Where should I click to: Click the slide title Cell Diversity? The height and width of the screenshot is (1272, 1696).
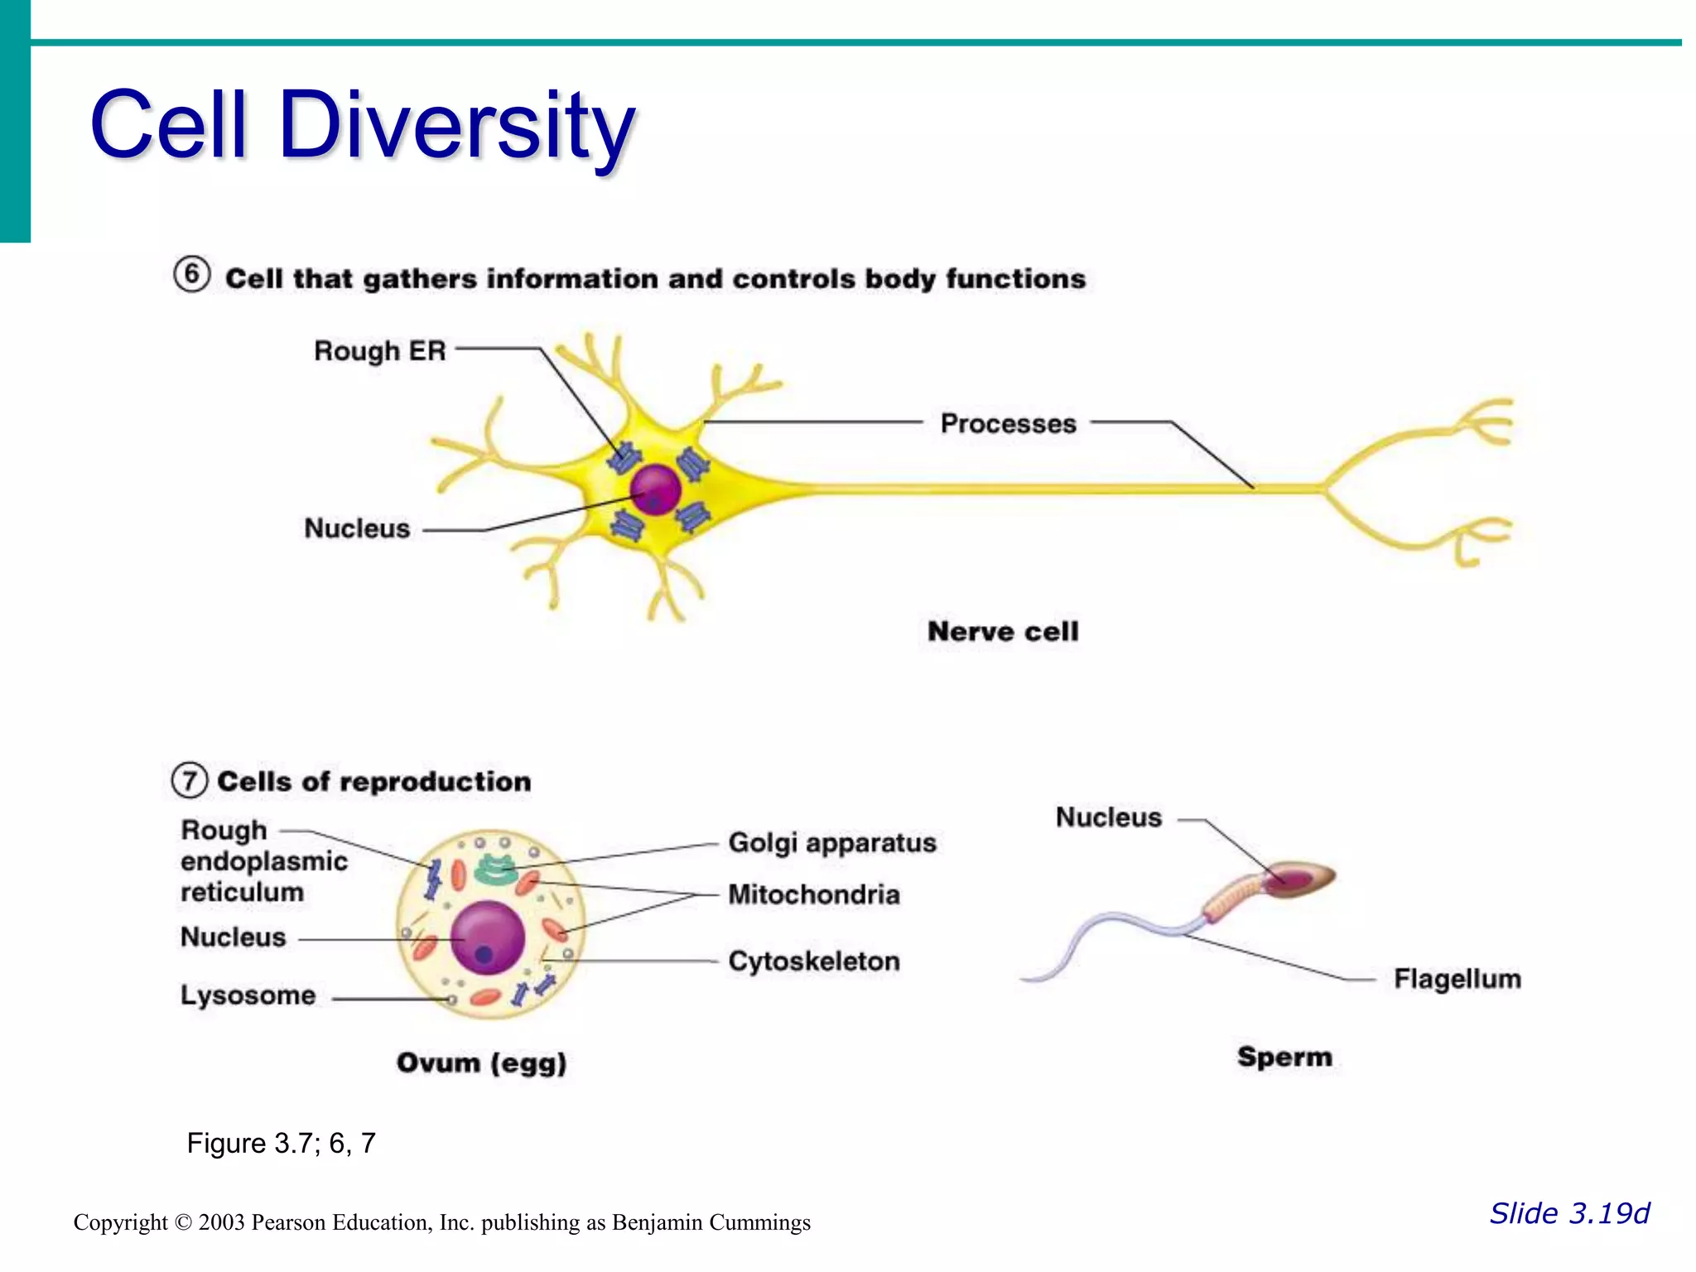tap(362, 126)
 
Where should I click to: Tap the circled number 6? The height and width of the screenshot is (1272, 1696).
tap(191, 274)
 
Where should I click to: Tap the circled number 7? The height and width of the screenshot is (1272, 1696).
tap(190, 780)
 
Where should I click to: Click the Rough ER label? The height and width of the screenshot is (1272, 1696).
tap(379, 351)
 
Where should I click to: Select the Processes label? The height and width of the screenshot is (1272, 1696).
tap(1008, 424)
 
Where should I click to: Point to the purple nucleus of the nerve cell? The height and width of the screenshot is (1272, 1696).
tap(655, 489)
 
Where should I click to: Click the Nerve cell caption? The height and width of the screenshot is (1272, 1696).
tap(1003, 632)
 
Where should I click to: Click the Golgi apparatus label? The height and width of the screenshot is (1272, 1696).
tap(831, 843)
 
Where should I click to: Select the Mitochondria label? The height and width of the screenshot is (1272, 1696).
tap(813, 895)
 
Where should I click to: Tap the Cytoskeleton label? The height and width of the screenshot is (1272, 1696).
tap(813, 961)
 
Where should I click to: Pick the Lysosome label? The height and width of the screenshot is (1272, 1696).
tap(248, 995)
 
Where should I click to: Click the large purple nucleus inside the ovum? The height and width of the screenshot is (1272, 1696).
tap(488, 937)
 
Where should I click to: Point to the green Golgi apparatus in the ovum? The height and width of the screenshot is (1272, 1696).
tap(495, 870)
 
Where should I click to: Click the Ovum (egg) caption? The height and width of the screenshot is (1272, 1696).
tap(481, 1062)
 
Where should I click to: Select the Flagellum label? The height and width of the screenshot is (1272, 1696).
tap(1457, 979)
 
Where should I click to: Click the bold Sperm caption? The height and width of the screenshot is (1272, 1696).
tap(1284, 1057)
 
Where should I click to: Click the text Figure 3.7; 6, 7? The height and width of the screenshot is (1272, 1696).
tap(281, 1144)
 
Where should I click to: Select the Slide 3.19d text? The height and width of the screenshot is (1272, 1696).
tap(1568, 1213)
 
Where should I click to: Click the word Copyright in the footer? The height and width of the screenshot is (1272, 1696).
tap(120, 1222)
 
